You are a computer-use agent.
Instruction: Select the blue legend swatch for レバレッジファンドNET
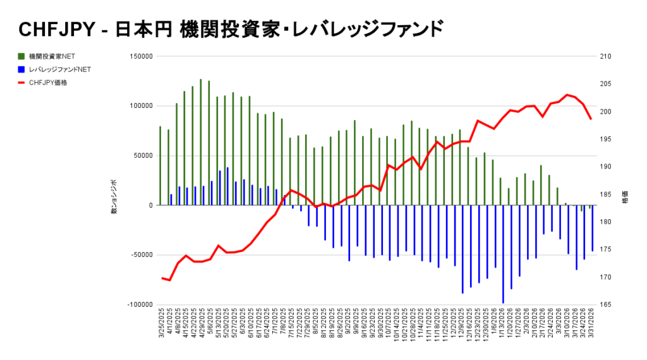pyautogui.click(x=22, y=69)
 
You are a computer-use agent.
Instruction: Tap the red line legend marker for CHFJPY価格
pyautogui.click(x=22, y=82)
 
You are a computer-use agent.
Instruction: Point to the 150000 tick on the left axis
pyautogui.click(x=140, y=56)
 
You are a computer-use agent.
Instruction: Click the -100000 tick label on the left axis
pyautogui.click(x=139, y=304)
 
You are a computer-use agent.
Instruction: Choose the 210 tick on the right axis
pyautogui.click(x=605, y=56)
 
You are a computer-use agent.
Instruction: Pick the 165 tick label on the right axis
pyautogui.click(x=605, y=304)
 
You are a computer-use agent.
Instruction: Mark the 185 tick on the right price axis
pyautogui.click(x=605, y=194)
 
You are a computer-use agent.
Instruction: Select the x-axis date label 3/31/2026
pyautogui.click(x=592, y=325)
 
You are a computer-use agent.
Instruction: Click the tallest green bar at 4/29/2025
pyautogui.click(x=201, y=142)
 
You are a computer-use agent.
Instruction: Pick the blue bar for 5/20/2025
pyautogui.click(x=227, y=186)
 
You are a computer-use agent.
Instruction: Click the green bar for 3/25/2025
pyautogui.click(x=160, y=165)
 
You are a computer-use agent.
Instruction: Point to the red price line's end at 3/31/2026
pyautogui.click(x=591, y=119)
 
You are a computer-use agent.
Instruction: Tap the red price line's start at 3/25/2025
pyautogui.click(x=162, y=278)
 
